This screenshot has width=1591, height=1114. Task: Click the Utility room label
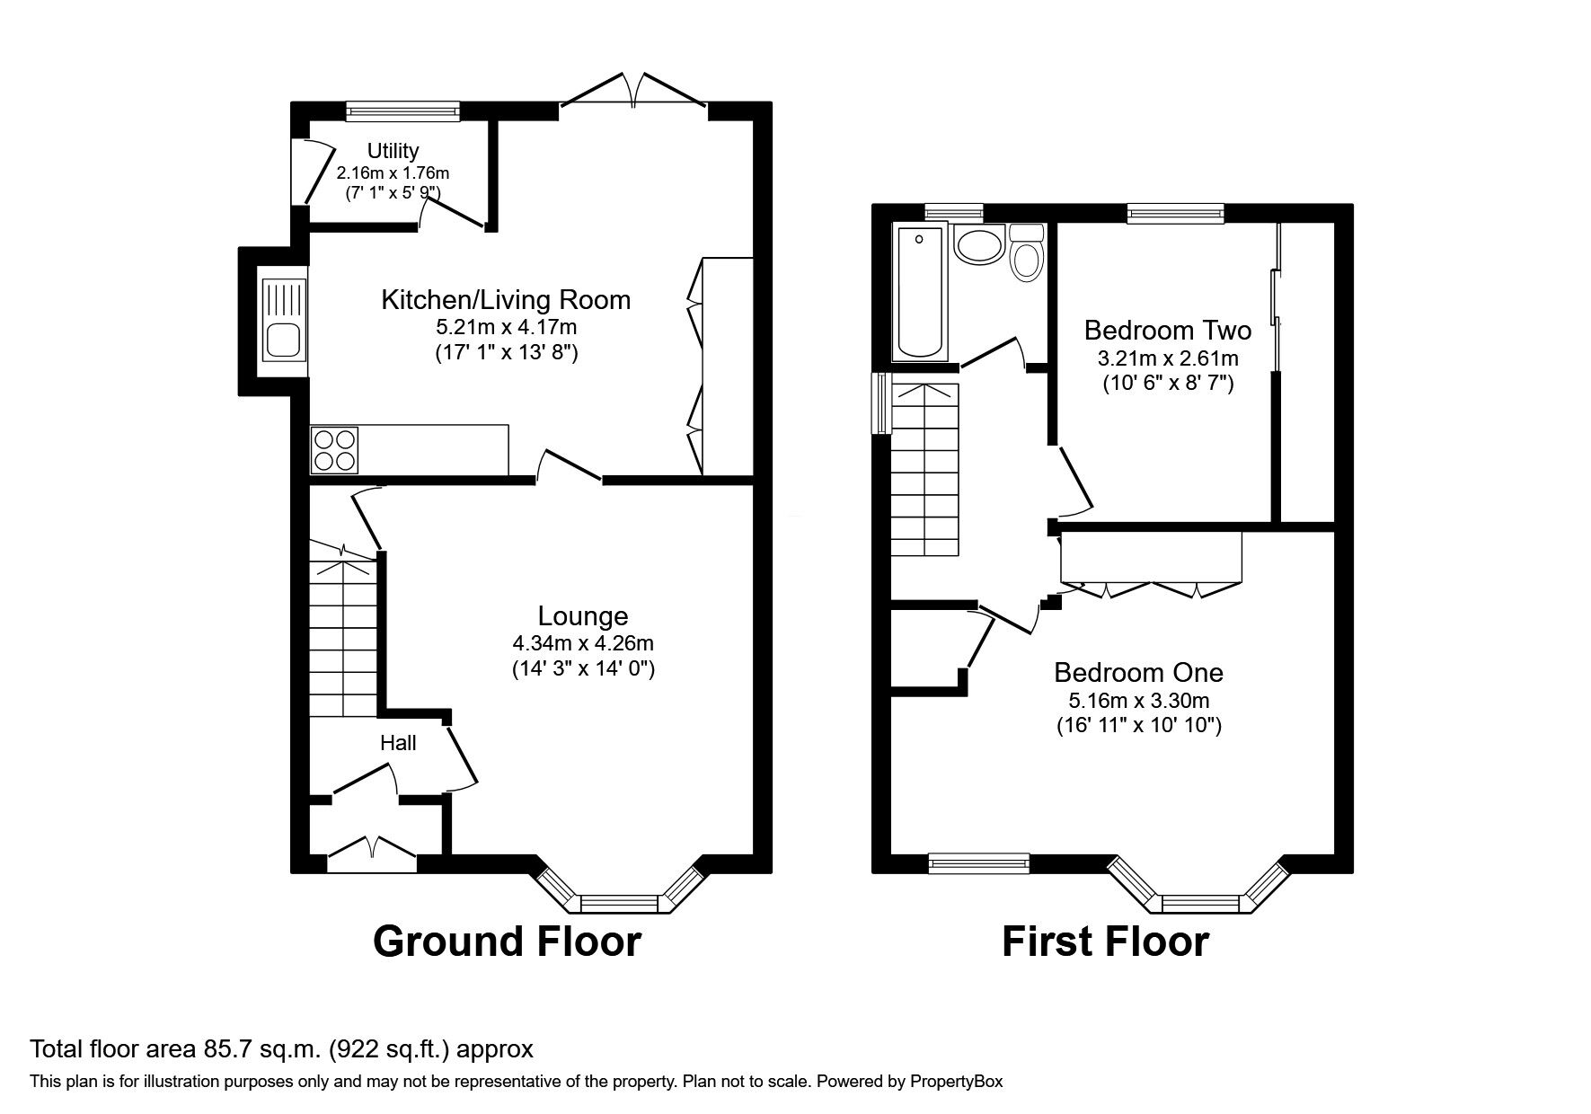click(393, 151)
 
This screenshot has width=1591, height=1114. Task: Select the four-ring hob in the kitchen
click(335, 450)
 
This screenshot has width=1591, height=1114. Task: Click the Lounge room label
click(582, 615)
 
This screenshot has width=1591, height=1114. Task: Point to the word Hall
click(398, 743)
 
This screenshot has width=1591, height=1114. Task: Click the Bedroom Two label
click(1167, 330)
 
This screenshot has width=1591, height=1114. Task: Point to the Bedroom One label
click(1138, 672)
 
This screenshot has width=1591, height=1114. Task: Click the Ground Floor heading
click(507, 942)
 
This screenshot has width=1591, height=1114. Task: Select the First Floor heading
click(1105, 942)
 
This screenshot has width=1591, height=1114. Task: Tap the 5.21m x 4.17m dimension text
click(506, 327)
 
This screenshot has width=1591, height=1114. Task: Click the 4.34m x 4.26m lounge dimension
click(582, 643)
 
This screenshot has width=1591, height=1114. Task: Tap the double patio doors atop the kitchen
click(633, 94)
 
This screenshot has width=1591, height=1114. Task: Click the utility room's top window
click(402, 111)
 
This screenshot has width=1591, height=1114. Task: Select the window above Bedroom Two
click(1176, 213)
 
